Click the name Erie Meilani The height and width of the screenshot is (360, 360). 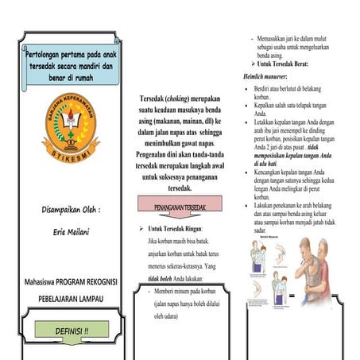(x=69, y=236)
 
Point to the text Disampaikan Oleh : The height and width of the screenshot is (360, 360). (x=69, y=211)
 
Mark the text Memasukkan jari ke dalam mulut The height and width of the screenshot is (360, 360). (x=295, y=38)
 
